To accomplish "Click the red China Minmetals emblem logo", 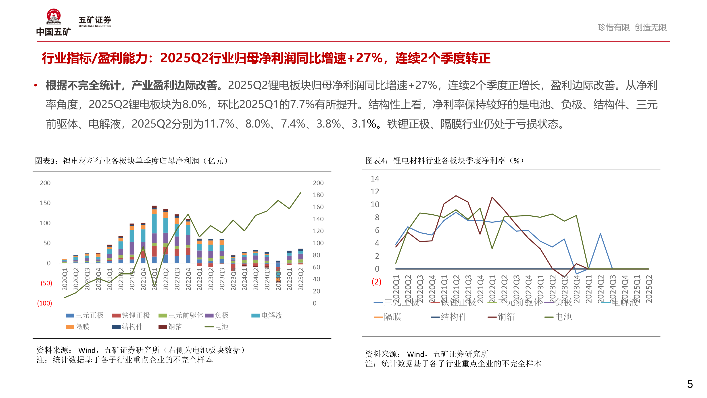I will [x=54, y=17].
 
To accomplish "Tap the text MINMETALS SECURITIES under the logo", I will [x=95, y=26].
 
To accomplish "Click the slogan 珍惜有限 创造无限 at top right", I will [x=632, y=27].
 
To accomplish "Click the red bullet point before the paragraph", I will [x=35, y=85].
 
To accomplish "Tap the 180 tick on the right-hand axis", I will [x=318, y=195].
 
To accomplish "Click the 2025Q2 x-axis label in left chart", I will [x=301, y=279].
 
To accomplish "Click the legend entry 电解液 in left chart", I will [x=271, y=315].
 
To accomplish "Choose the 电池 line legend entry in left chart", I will [x=221, y=327].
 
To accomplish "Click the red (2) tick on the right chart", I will [x=376, y=282].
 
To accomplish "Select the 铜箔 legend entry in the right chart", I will [x=506, y=317].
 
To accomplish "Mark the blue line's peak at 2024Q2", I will [x=600, y=234].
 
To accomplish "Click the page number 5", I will [x=690, y=384].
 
